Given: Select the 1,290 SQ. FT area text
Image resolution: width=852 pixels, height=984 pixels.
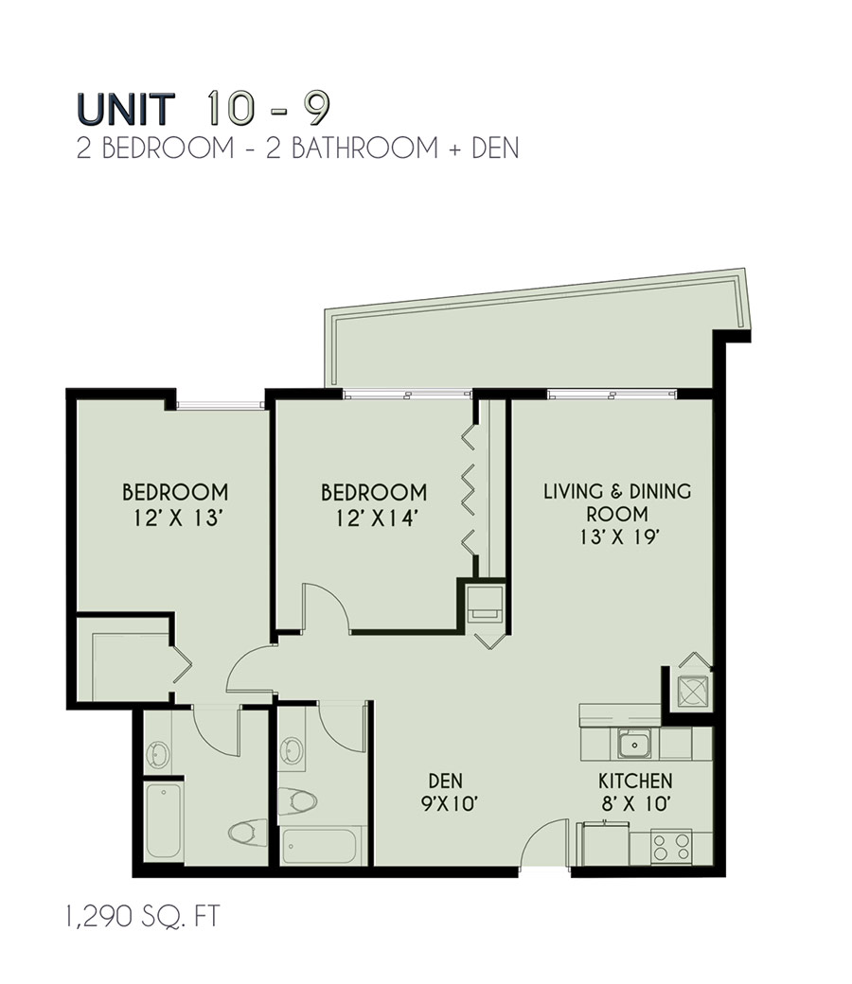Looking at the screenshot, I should [143, 917].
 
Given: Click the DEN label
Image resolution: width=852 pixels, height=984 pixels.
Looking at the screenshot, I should [444, 782].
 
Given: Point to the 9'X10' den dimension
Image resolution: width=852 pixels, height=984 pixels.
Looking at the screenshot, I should [444, 804].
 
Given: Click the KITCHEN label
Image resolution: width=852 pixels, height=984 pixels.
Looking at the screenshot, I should [634, 782].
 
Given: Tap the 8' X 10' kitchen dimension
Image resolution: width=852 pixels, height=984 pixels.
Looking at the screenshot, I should [634, 804].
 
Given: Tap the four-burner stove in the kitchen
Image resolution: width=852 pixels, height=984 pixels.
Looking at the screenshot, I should [670, 845].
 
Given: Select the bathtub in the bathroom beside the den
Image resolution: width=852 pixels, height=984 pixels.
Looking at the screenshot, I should [319, 845].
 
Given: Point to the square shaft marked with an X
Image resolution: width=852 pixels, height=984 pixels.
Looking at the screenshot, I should [693, 691].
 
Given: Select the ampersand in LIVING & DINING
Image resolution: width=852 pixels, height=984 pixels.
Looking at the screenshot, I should [613, 492].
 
